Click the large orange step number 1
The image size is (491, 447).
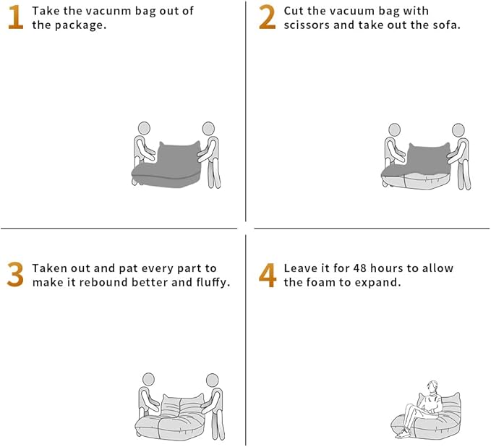pyautogui.click(x=16, y=17)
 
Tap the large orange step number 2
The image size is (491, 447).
pyautogui.click(x=267, y=17)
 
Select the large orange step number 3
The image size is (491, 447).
pyautogui.click(x=15, y=274)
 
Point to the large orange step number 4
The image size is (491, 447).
pyautogui.click(x=268, y=275)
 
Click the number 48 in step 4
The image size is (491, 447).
pyautogui.click(x=360, y=268)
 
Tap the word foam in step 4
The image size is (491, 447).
pyautogui.click(x=320, y=283)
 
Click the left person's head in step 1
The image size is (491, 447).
pyautogui.click(x=144, y=128)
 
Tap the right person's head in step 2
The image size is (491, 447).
pyautogui.click(x=458, y=129)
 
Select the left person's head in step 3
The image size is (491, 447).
pyautogui.click(x=148, y=379)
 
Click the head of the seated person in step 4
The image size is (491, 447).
pyautogui.click(x=432, y=386)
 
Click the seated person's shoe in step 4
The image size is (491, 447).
pyautogui.click(x=403, y=433)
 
